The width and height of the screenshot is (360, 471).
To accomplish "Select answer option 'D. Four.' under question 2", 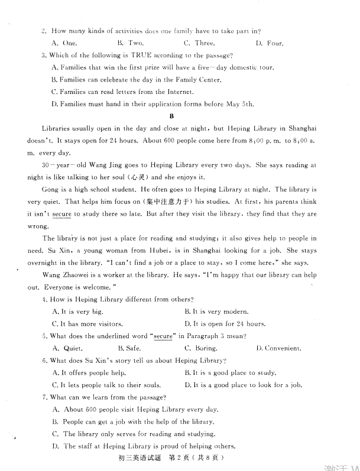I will pos(270,43).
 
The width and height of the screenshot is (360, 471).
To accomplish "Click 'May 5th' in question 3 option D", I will pos(240,104).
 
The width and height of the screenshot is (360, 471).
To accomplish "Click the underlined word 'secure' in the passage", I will pos(61,214).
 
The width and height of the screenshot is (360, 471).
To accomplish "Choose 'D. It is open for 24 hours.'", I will pos(225,323).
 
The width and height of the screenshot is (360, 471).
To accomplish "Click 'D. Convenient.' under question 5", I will pos(279,348).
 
